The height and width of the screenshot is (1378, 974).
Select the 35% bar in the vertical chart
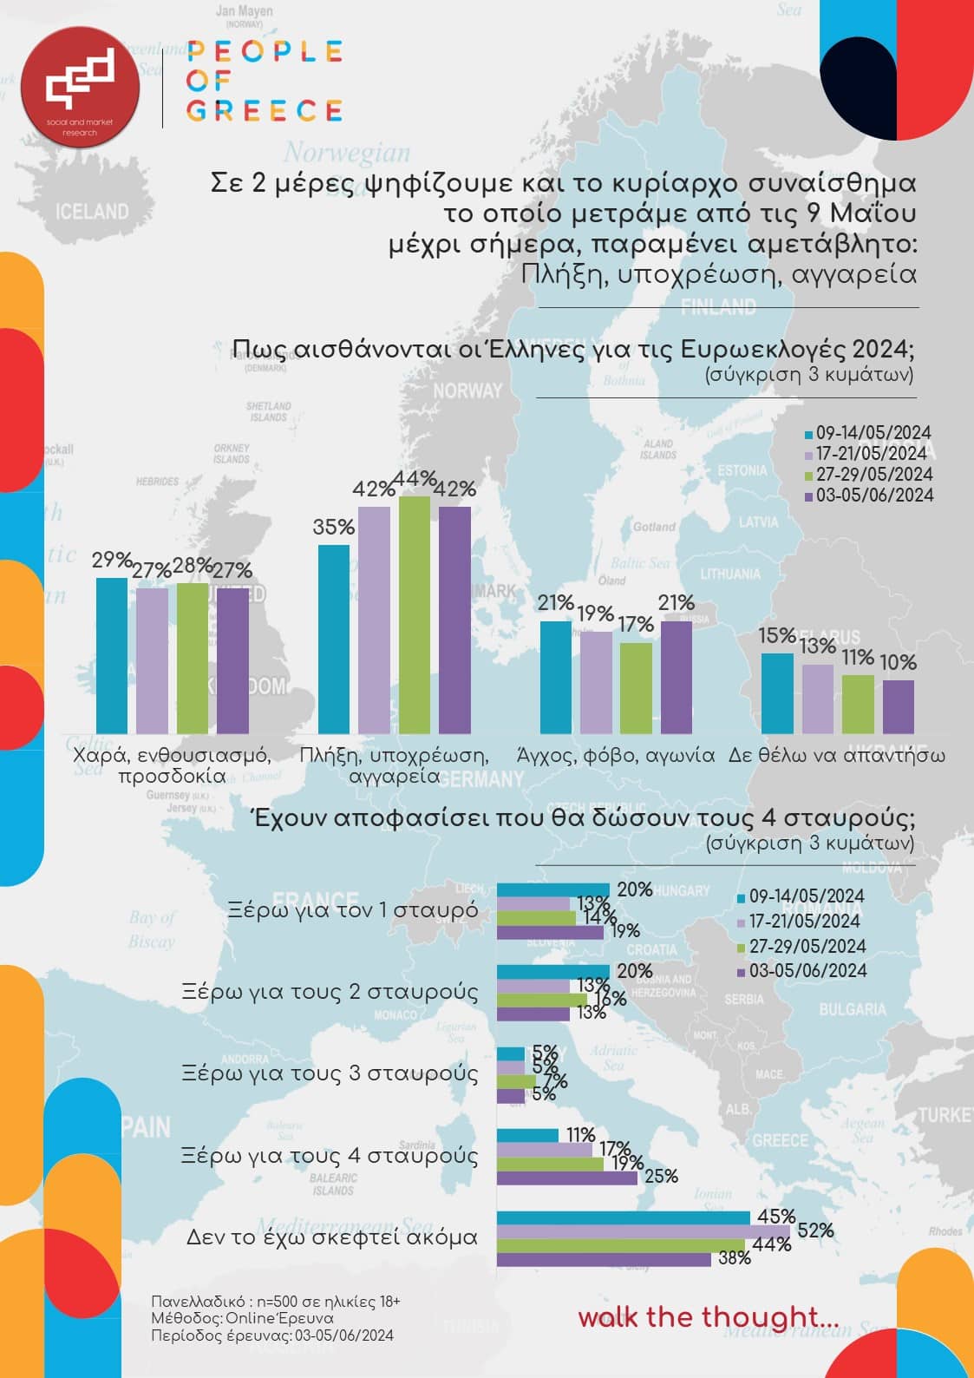pyautogui.click(x=334, y=639)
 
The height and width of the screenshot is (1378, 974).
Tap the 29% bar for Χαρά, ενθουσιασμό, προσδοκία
pyautogui.click(x=111, y=655)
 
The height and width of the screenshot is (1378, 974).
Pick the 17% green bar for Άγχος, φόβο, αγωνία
pyautogui.click(x=636, y=687)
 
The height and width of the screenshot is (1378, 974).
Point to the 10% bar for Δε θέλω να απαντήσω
pyautogui.click(x=898, y=706)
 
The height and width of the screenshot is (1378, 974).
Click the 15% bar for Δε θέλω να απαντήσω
pyautogui.click(x=777, y=693)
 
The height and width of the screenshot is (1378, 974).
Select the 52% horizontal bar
pyautogui.click(x=643, y=1230)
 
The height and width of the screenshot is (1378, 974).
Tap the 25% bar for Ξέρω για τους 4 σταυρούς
pyautogui.click(x=566, y=1178)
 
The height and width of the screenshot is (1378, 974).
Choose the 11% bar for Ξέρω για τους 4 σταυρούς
pyautogui.click(x=527, y=1135)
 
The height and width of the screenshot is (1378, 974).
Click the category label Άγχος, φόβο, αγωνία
pyautogui.click(x=615, y=755)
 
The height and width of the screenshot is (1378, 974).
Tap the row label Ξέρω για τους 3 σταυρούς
pyautogui.click(x=330, y=1073)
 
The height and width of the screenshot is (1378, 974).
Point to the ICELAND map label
pyautogui.click(x=92, y=212)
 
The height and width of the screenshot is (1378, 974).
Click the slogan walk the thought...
pyautogui.click(x=708, y=1316)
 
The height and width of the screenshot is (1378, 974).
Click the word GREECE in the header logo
pyautogui.click(x=265, y=111)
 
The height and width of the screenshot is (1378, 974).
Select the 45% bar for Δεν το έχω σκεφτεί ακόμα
pyautogui.click(x=623, y=1217)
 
